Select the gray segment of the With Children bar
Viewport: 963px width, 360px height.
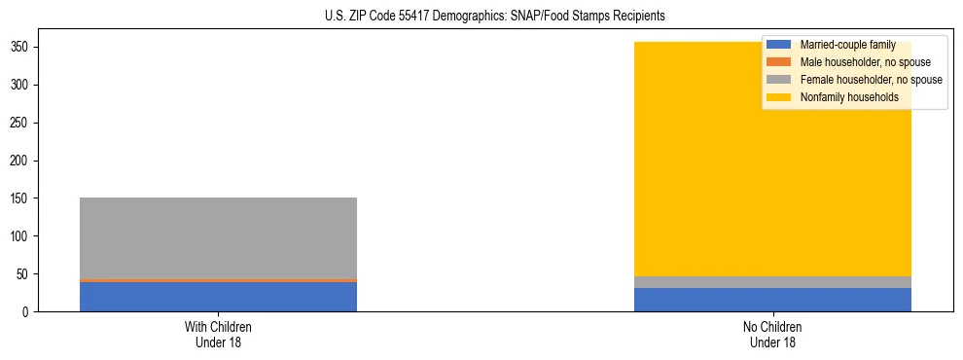point(218,237)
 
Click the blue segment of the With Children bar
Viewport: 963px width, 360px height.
point(218,297)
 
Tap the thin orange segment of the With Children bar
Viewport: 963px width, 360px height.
point(218,280)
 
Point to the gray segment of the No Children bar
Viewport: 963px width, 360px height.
point(772,282)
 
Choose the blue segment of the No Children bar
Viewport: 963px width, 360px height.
point(772,300)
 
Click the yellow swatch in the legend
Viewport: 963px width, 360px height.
point(779,97)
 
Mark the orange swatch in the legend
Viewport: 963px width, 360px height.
point(779,62)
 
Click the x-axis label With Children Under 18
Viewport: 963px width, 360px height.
point(218,334)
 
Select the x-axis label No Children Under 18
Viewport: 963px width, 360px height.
point(772,334)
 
